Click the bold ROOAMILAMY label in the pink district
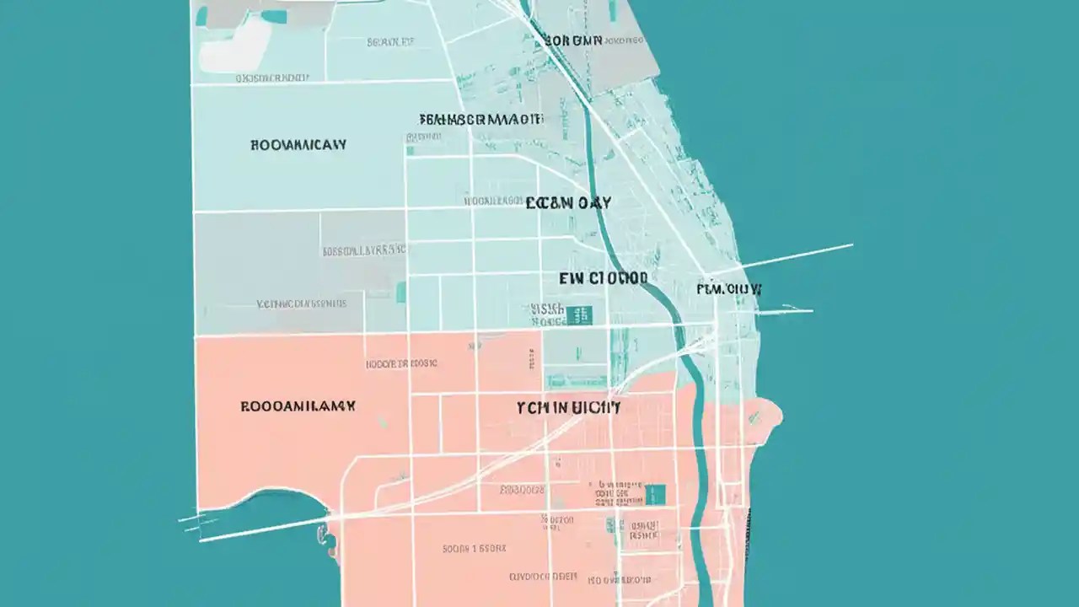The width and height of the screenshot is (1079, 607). [x=298, y=406]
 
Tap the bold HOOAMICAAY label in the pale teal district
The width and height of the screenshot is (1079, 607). [x=298, y=145]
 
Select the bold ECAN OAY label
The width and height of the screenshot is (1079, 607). [x=568, y=203]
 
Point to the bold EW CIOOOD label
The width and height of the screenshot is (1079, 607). [x=604, y=277]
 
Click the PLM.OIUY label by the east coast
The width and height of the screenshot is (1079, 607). [x=729, y=289]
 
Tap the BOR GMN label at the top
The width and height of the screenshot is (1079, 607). [x=573, y=40]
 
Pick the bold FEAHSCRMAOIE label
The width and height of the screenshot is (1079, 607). [x=480, y=120]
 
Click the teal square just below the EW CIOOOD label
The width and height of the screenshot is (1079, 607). [x=581, y=314]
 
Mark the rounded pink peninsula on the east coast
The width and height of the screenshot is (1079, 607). [x=763, y=414]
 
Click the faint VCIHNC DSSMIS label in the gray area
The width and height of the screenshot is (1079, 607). [x=301, y=303]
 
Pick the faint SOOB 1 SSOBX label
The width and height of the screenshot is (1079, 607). [x=475, y=549]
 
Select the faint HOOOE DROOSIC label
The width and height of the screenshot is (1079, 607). [x=401, y=364]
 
